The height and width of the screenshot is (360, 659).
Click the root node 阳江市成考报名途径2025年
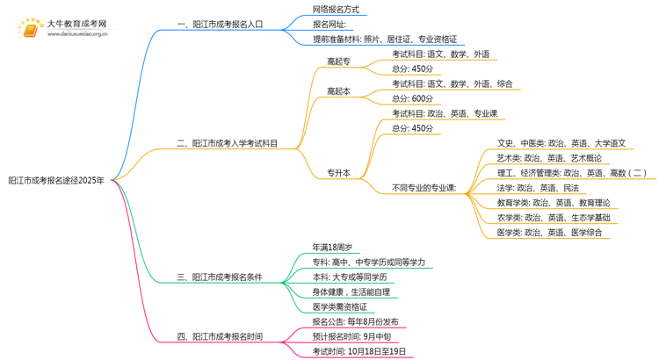[x=56, y=181]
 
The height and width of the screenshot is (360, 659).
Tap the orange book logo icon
[x=30, y=30]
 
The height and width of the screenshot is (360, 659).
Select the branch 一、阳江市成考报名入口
[x=220, y=25]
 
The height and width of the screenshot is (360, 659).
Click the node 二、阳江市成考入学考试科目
[x=227, y=143]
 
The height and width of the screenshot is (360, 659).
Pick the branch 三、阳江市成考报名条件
[x=220, y=277]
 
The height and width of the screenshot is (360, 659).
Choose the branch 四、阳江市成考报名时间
[x=220, y=337]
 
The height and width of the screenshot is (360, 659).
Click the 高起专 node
[x=339, y=61]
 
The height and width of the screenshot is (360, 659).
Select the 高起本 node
[x=339, y=91]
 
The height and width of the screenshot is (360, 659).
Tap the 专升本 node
[x=339, y=173]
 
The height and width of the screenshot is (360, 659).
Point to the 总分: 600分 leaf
[x=412, y=98]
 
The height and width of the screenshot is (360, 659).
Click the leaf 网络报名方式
[x=336, y=10]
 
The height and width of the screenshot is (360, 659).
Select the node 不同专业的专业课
[x=424, y=188]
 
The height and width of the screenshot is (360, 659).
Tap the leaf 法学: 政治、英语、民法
[x=538, y=188]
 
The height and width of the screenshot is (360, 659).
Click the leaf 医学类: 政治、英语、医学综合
[x=549, y=233]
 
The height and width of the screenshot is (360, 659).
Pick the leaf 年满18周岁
[x=332, y=248]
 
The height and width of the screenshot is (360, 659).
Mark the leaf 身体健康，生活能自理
[x=351, y=292]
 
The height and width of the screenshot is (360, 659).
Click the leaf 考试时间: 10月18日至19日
[x=359, y=351]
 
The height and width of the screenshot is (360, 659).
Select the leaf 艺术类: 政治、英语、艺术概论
[x=549, y=158]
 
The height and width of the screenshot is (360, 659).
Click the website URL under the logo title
[x=77, y=34]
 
